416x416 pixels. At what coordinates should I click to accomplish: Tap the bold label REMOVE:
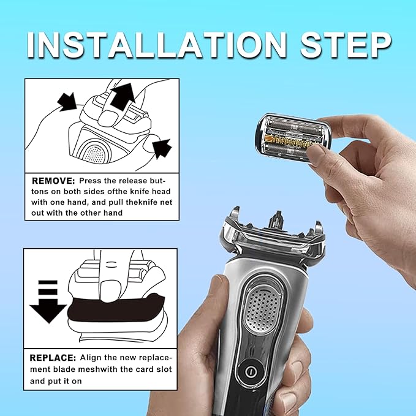[53, 182]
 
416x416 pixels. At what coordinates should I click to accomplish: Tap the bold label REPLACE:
[53, 357]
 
